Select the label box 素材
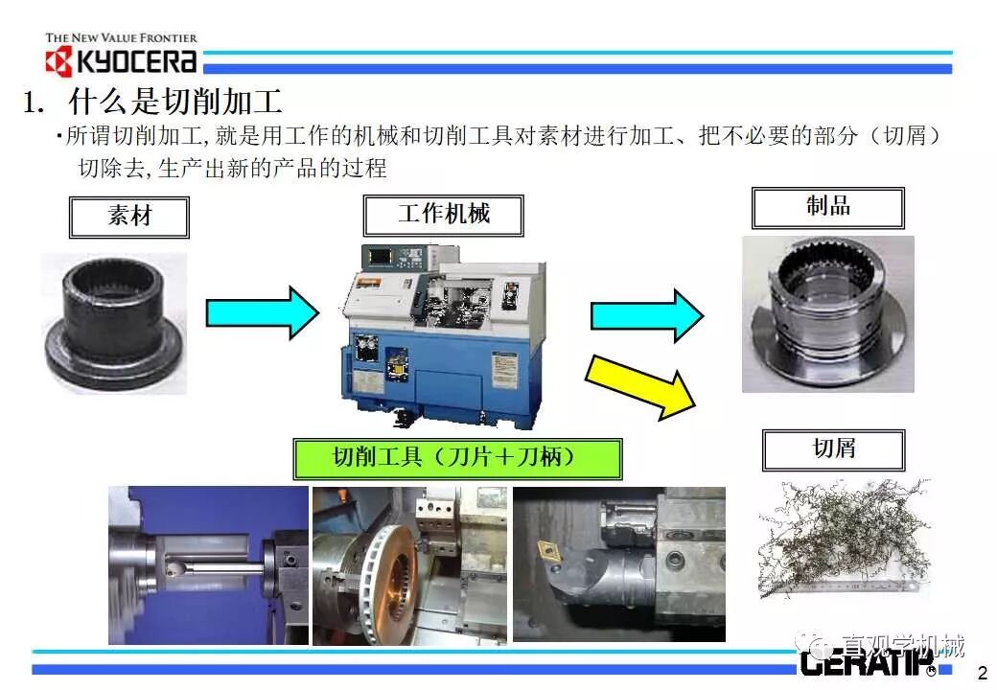[128, 217]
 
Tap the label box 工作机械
[443, 215]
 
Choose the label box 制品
[827, 207]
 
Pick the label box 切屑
[832, 449]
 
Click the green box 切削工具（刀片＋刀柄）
[456, 458]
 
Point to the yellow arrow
[640, 384]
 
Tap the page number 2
[981, 671]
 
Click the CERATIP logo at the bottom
[856, 661]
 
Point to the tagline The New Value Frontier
[121, 38]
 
